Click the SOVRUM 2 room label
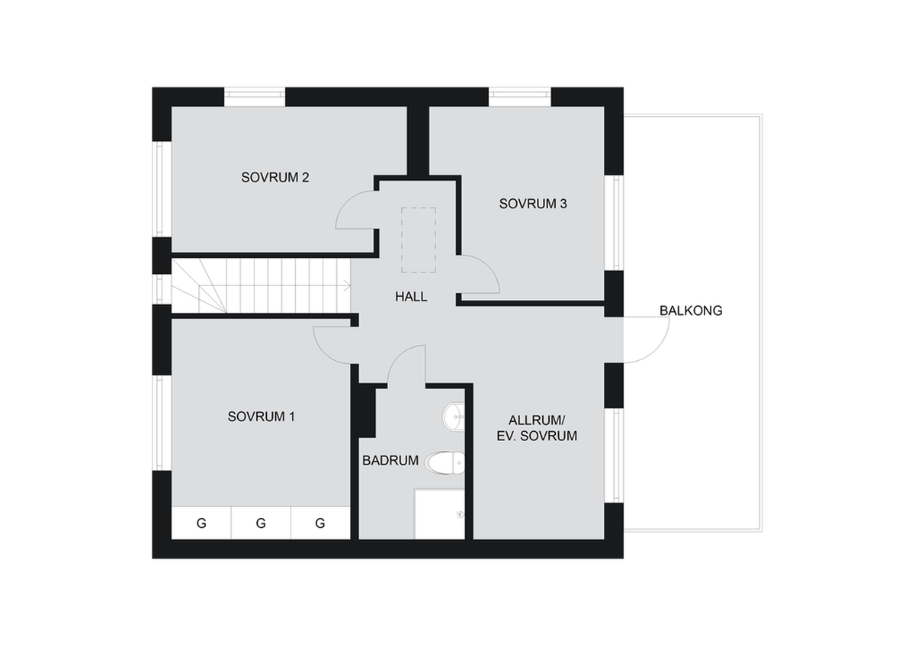point(275,177)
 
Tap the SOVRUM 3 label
point(533,204)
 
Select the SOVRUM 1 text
point(261,417)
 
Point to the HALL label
point(411,297)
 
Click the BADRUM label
point(390,461)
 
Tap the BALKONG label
point(691,311)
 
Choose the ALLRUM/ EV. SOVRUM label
point(537,428)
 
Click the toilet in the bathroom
point(445,462)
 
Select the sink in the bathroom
point(454,417)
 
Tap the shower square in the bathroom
point(439,513)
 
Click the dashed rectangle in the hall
point(419,240)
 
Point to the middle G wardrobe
point(261,523)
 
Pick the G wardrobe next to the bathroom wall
point(321,523)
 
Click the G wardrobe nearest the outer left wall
point(201,523)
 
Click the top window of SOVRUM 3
point(520,95)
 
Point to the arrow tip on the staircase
point(350,285)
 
